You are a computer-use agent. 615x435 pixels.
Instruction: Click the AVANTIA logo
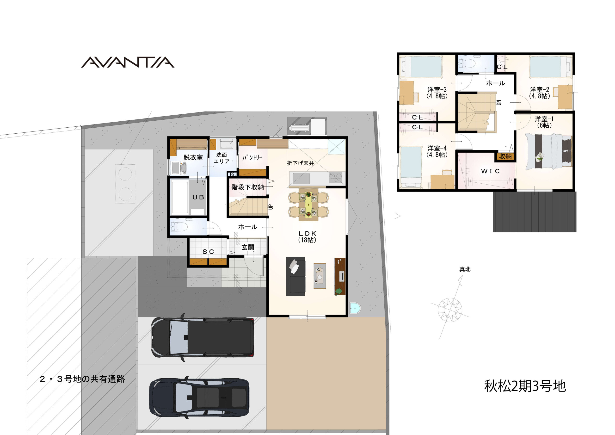click(128, 62)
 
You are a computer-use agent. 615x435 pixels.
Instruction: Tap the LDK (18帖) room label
click(307, 237)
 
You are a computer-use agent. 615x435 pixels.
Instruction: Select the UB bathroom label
click(198, 197)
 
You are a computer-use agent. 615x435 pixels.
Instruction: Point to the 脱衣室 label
click(193, 157)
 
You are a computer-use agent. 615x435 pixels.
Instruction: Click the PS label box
click(232, 174)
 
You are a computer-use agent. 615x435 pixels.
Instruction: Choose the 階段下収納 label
click(248, 187)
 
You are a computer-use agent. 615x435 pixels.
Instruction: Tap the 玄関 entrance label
click(248, 247)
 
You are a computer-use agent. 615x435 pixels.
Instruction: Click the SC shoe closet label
click(208, 252)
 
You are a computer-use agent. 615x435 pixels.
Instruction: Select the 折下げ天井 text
click(300, 163)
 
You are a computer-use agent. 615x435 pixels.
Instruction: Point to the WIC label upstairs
click(490, 171)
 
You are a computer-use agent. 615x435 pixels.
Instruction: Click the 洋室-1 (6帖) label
click(544, 122)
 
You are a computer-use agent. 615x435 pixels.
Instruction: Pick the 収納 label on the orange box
click(505, 156)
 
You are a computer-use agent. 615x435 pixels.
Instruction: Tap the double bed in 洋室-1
click(548, 151)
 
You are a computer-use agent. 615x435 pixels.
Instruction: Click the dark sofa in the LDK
click(295, 276)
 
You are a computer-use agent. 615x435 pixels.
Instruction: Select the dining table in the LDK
click(308, 205)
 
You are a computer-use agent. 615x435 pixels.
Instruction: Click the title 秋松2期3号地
click(525, 386)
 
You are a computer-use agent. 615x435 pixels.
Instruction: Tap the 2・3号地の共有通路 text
click(82, 379)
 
